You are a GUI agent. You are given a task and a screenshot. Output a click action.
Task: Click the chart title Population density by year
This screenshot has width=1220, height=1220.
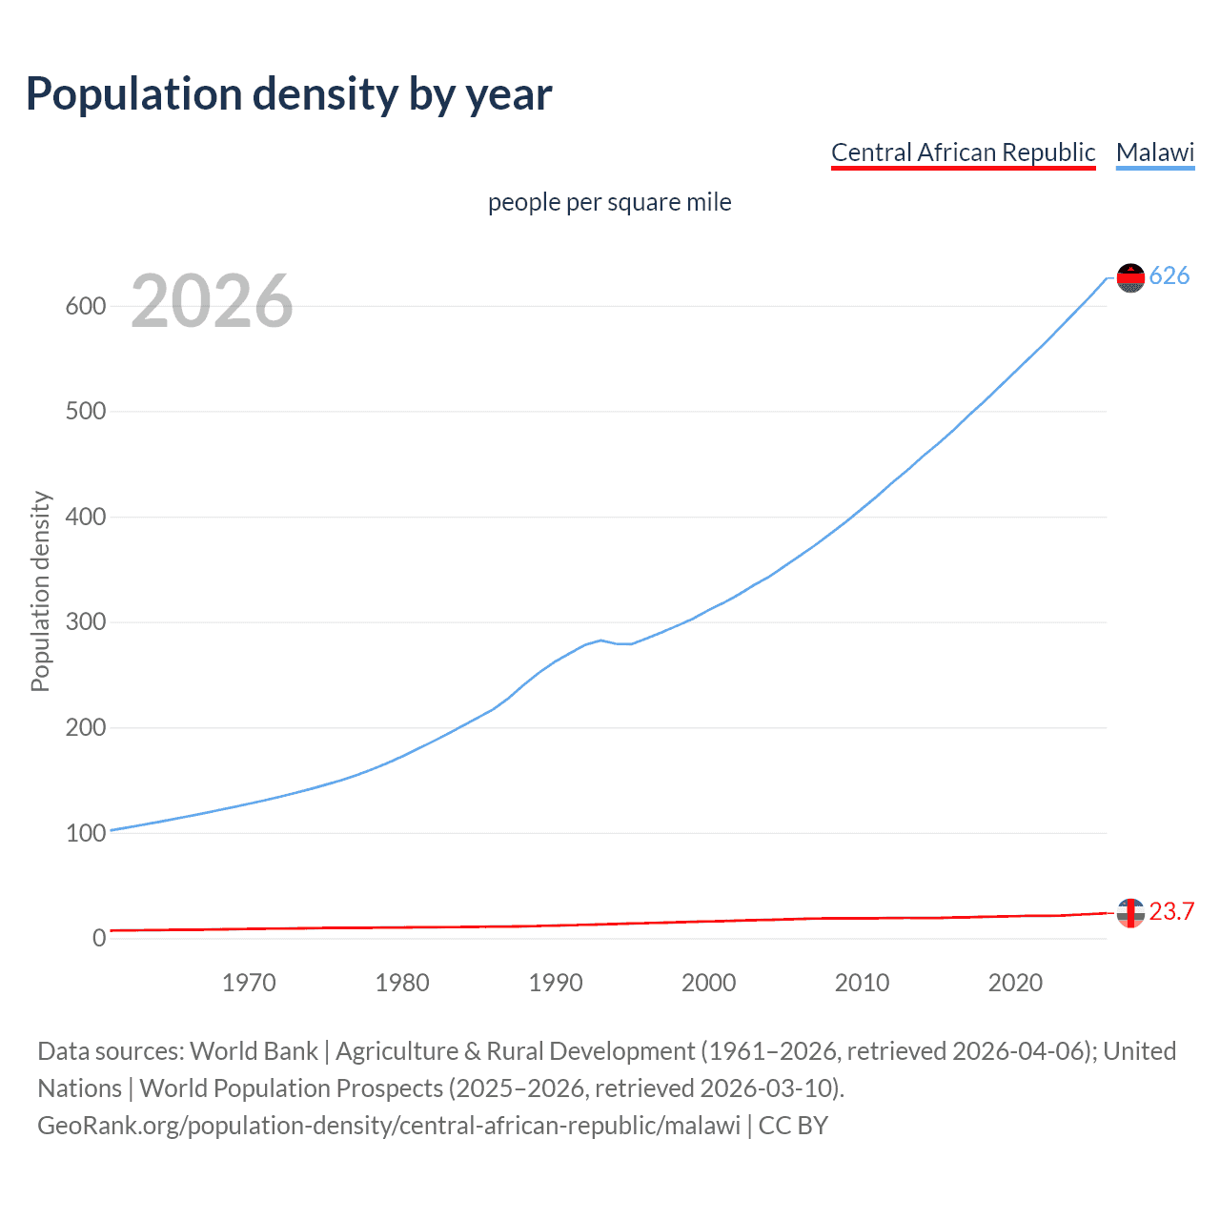[x=289, y=94]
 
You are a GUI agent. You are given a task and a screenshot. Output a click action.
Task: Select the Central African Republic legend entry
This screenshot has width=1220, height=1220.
[x=963, y=152]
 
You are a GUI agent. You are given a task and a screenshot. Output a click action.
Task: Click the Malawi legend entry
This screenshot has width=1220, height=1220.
[x=1155, y=152]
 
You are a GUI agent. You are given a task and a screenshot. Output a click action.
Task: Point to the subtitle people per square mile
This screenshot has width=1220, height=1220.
[x=609, y=203]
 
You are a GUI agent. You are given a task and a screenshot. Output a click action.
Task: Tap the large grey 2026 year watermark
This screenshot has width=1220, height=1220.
[x=212, y=301]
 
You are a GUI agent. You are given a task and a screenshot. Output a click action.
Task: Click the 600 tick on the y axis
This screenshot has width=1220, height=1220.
[x=85, y=306]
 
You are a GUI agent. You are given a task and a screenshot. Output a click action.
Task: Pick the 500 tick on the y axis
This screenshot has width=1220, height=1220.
[x=85, y=412]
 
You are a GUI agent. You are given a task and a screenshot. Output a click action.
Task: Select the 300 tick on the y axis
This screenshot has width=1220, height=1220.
[x=85, y=622]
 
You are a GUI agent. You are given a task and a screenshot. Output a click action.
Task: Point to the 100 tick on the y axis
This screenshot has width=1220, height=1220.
[x=85, y=833]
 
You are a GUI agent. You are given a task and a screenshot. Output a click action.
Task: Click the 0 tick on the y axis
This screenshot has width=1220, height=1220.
[x=99, y=938]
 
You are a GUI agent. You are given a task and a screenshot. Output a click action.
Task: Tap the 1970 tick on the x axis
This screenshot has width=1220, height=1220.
[x=249, y=983]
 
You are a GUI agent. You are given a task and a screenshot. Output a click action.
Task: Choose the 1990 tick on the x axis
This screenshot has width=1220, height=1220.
[x=556, y=983]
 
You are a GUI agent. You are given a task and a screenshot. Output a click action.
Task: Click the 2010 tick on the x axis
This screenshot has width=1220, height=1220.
[x=862, y=983]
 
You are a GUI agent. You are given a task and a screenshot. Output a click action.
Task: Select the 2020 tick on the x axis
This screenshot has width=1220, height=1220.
[x=1015, y=983]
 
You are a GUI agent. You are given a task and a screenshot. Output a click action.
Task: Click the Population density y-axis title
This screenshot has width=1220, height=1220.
[x=40, y=591]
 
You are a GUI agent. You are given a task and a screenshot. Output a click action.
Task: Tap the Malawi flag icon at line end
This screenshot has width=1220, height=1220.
[x=1130, y=277]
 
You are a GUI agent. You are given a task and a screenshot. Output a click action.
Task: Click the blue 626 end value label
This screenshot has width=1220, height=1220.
[x=1169, y=276]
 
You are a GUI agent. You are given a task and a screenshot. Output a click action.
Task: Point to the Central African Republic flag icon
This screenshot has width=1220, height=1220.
[x=1130, y=912]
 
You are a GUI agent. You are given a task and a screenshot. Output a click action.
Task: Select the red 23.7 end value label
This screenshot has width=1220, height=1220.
[x=1171, y=912]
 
